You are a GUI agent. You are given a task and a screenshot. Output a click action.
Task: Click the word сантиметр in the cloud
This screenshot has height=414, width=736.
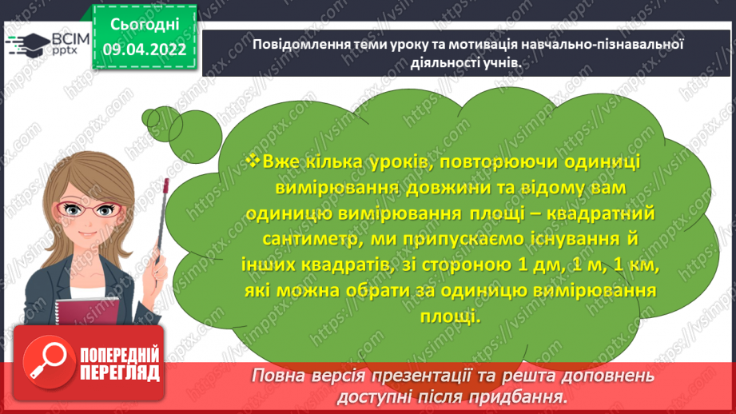[303, 240]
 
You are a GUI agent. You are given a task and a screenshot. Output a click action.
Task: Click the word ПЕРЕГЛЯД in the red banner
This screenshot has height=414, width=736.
[119, 372]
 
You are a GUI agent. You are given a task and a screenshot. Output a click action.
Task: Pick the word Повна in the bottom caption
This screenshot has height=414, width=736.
[276, 376]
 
